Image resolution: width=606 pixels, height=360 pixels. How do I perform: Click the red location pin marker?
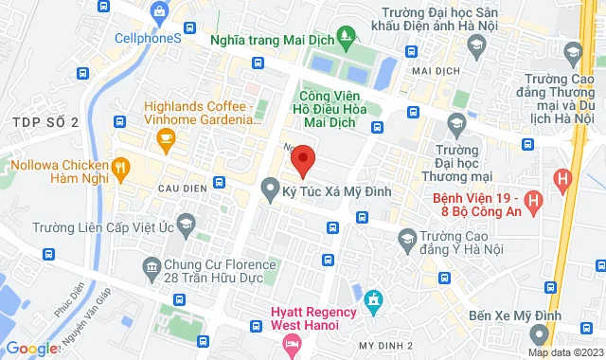tap(302, 159)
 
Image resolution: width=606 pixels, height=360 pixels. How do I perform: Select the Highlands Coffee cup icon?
tap(167, 141)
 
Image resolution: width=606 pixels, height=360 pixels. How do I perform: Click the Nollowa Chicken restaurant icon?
tap(120, 168)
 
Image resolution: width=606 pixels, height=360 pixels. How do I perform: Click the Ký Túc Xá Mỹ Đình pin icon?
tap(269, 191)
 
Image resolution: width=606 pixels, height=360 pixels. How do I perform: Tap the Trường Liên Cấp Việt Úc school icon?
tap(186, 225)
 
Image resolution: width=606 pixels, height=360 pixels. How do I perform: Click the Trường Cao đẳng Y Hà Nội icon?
tap(408, 237)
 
